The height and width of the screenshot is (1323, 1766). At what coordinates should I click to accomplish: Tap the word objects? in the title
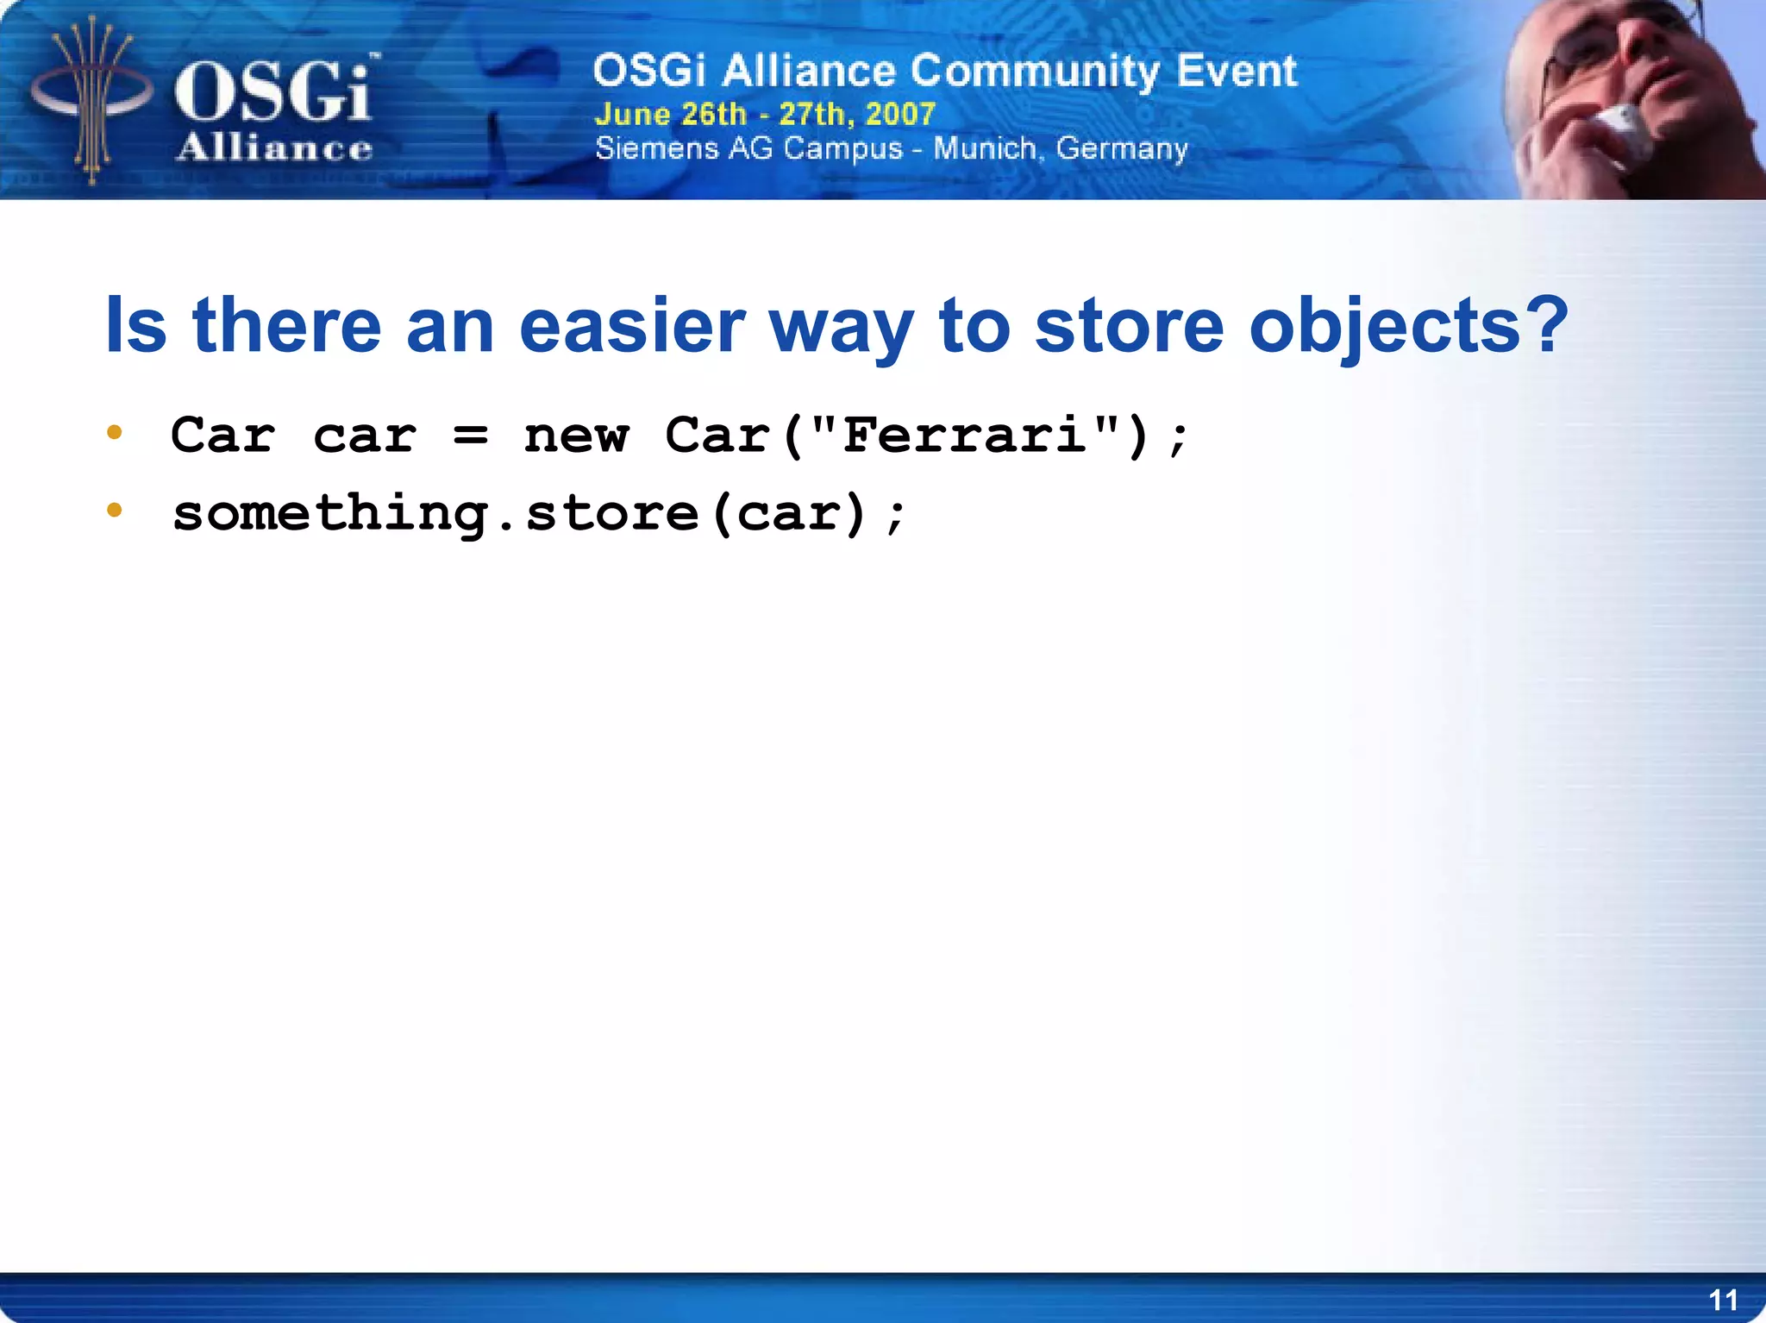pyautogui.click(x=1408, y=326)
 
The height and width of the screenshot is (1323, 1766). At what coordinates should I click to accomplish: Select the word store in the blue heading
pyautogui.click(x=1128, y=326)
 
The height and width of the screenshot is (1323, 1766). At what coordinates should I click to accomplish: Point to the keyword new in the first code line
pyautogui.click(x=576, y=436)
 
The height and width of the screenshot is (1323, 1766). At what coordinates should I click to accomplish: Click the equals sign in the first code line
pyautogui.click(x=471, y=436)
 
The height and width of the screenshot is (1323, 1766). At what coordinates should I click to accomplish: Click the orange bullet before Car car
pyautogui.click(x=115, y=432)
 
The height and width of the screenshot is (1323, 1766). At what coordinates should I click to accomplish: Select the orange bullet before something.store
pyautogui.click(x=115, y=511)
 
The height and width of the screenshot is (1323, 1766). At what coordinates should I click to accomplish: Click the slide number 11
pyautogui.click(x=1723, y=1300)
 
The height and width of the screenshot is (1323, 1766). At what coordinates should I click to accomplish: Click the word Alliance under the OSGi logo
pyautogui.click(x=274, y=148)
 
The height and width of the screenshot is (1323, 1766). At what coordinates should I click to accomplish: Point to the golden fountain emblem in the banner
pyautogui.click(x=91, y=99)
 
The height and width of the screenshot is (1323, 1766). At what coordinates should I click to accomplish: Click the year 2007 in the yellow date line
pyautogui.click(x=900, y=114)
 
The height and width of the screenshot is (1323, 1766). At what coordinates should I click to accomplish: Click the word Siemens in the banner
pyautogui.click(x=657, y=148)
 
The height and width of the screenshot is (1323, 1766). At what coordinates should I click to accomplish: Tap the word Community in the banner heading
pyautogui.click(x=1035, y=71)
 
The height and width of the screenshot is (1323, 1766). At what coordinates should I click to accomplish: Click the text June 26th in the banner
pyautogui.click(x=670, y=114)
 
